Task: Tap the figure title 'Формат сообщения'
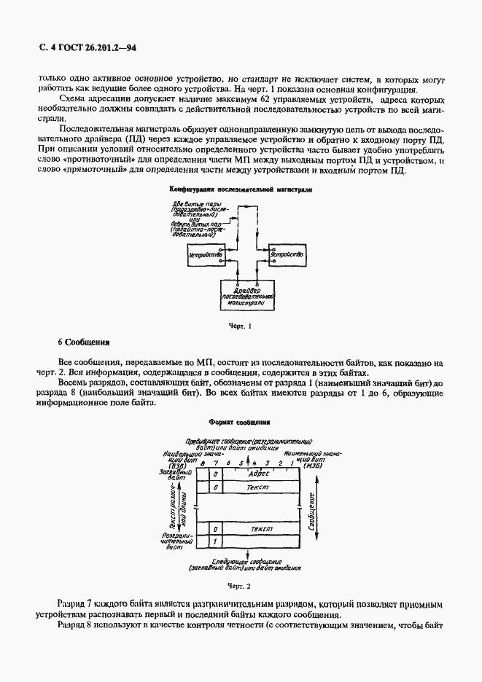click(240, 421)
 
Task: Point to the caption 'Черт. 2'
click(240, 585)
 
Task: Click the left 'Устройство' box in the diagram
click(206, 254)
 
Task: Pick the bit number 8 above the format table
click(203, 463)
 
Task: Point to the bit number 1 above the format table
click(290, 463)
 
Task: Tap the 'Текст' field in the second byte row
click(260, 486)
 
